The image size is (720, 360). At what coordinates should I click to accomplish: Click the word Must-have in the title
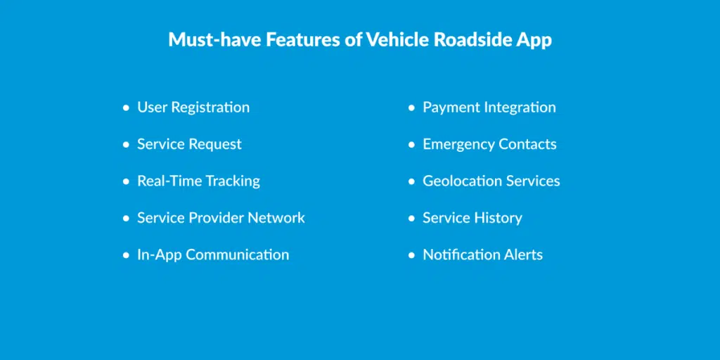click(x=215, y=40)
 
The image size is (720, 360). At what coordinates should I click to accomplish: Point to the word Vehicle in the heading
click(x=397, y=40)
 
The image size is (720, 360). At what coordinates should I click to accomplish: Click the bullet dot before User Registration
click(x=127, y=108)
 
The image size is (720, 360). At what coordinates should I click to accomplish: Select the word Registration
click(x=211, y=108)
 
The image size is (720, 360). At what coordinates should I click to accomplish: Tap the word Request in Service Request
click(x=215, y=145)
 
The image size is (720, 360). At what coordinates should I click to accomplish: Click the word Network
click(x=276, y=218)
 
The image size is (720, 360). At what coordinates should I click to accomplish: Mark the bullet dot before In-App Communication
click(x=127, y=255)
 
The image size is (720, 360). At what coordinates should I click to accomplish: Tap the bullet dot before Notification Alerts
click(x=411, y=255)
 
